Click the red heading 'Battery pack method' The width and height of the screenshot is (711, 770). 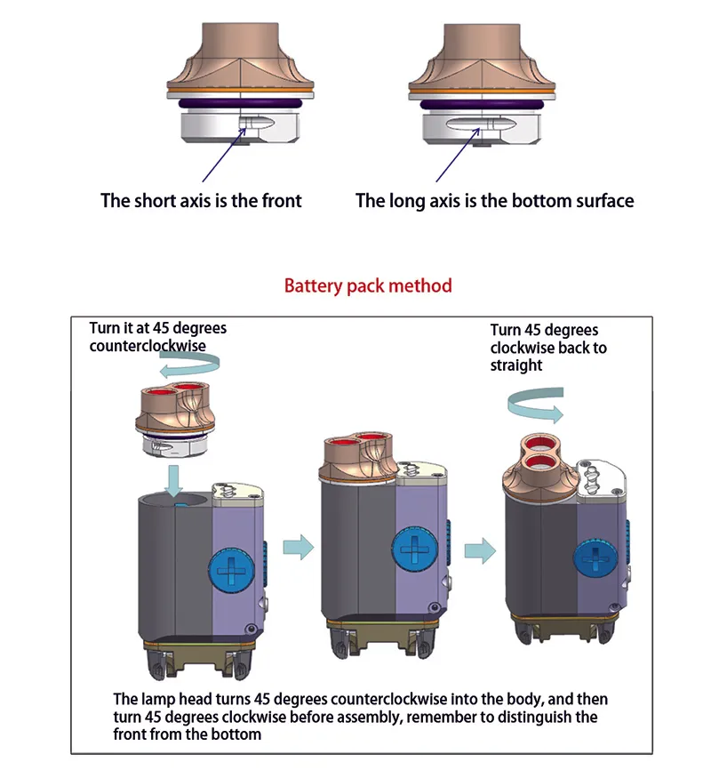(x=368, y=285)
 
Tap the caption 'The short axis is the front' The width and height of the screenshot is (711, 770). (x=201, y=200)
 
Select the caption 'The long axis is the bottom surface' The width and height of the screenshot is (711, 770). (x=494, y=201)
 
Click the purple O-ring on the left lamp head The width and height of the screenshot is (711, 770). (x=240, y=104)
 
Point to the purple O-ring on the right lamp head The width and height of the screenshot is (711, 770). (x=482, y=105)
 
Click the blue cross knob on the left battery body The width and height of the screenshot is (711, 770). (x=231, y=570)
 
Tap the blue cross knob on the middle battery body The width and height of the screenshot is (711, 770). (x=415, y=549)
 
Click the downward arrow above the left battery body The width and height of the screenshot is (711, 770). (x=173, y=481)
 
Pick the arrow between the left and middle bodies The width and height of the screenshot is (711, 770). (x=299, y=547)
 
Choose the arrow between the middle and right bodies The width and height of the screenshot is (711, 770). (x=480, y=550)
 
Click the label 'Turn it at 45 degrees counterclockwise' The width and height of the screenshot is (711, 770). (x=157, y=337)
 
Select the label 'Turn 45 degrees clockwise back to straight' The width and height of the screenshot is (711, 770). (x=548, y=348)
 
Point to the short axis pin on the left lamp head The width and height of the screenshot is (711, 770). (x=255, y=123)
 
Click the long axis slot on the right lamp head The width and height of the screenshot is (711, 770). (x=480, y=124)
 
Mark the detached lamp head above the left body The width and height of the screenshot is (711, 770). (x=174, y=419)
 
